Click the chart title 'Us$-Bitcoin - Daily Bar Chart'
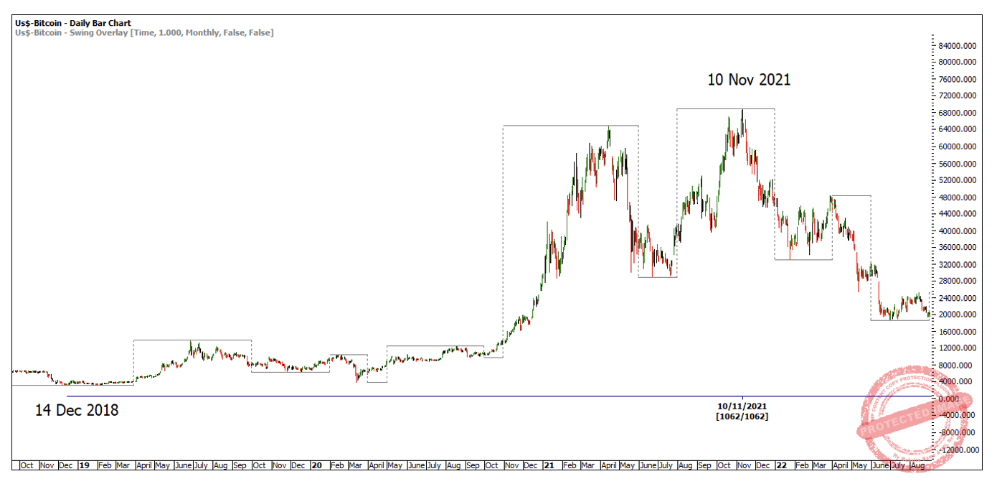pyautogui.click(x=73, y=23)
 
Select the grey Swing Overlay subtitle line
pyautogui.click(x=144, y=32)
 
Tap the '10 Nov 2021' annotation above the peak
pyautogui.click(x=749, y=80)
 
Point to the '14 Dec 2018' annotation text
pyautogui.click(x=77, y=411)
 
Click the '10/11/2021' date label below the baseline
pyautogui.click(x=742, y=406)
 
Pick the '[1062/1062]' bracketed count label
pyautogui.click(x=742, y=416)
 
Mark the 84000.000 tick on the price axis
pyautogui.click(x=959, y=45)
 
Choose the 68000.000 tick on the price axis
pyautogui.click(x=959, y=113)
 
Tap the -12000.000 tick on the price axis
pyautogui.click(x=959, y=450)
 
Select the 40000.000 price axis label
pyautogui.click(x=959, y=231)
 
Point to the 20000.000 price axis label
pyautogui.click(x=959, y=315)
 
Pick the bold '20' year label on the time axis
pyautogui.click(x=316, y=465)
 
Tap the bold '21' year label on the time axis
pyautogui.click(x=549, y=465)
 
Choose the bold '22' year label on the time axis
pyautogui.click(x=781, y=465)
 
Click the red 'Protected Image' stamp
pyautogui.click(x=915, y=412)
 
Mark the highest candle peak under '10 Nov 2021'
pyautogui.click(x=742, y=110)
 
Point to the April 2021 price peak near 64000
pyautogui.click(x=609, y=127)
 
